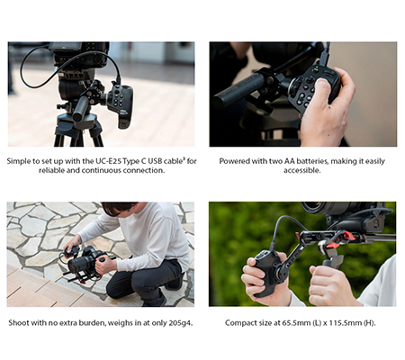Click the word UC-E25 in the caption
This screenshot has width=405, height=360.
pyautogui.click(x=109, y=161)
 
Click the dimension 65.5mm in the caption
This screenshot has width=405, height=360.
pyautogui.click(x=296, y=323)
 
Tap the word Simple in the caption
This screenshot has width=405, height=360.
pyautogui.click(x=18, y=161)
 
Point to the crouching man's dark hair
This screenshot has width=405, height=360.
pyautogui.click(x=119, y=207)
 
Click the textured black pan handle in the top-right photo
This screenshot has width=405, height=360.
pyautogui.click(x=238, y=90)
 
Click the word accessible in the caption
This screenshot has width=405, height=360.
pyautogui.click(x=301, y=170)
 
